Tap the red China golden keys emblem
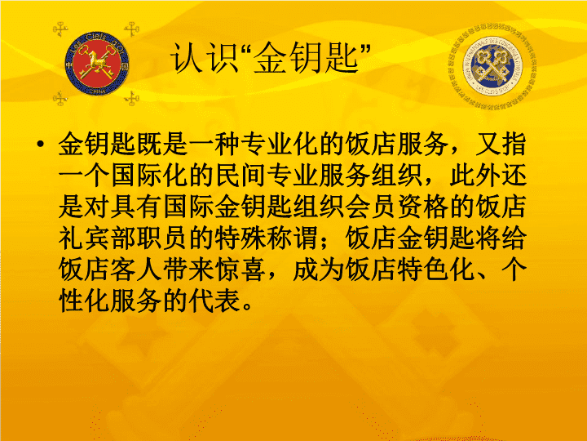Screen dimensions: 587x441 pyautogui.click(x=97, y=64)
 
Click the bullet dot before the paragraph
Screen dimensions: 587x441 pyautogui.click(x=41, y=145)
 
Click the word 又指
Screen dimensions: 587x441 pyautogui.click(x=501, y=144)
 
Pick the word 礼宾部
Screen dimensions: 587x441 pyautogui.click(x=97, y=238)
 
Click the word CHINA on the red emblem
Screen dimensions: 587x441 pyautogui.click(x=97, y=91)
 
